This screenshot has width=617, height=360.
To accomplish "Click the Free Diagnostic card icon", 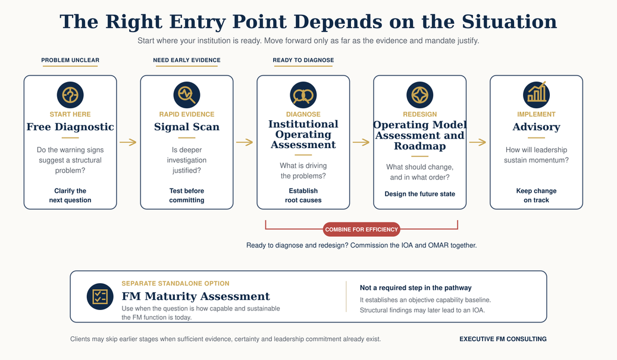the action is pyautogui.click(x=70, y=95).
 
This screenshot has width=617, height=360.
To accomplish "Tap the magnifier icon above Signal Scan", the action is pyautogui.click(x=186, y=95).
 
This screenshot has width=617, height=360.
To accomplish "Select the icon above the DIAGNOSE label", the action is pyautogui.click(x=303, y=95).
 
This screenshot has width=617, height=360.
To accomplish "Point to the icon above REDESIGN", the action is pyautogui.click(x=420, y=95).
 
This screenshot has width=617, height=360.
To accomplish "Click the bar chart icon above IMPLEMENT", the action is pyautogui.click(x=536, y=95).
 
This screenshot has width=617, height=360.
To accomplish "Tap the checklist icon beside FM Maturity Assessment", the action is pyautogui.click(x=100, y=297).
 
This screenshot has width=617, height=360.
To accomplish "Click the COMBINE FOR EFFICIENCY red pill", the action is pyautogui.click(x=361, y=229).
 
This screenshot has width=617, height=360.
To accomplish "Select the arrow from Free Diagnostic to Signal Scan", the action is pyautogui.click(x=128, y=142).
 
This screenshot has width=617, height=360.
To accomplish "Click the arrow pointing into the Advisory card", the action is pyautogui.click(x=478, y=142).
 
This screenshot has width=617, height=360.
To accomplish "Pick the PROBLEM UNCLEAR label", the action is pyautogui.click(x=70, y=60).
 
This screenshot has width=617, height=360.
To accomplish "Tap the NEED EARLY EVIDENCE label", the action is pyautogui.click(x=186, y=60).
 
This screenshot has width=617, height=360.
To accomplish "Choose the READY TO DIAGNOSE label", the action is pyautogui.click(x=303, y=60).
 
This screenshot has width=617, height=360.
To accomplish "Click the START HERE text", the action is pyautogui.click(x=70, y=114).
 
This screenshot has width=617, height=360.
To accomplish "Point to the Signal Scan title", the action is pyautogui.click(x=186, y=127).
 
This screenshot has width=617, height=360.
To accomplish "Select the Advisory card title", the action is pyautogui.click(x=536, y=127).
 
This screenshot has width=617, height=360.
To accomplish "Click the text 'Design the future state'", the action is pyautogui.click(x=420, y=194).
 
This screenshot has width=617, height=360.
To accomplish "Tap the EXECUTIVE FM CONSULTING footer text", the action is pyautogui.click(x=503, y=339).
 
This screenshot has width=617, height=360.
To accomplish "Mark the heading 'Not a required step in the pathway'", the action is pyautogui.click(x=415, y=287).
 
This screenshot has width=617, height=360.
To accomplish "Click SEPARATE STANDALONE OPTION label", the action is pyautogui.click(x=176, y=283).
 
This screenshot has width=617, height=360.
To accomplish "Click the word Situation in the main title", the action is pyautogui.click(x=509, y=21).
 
